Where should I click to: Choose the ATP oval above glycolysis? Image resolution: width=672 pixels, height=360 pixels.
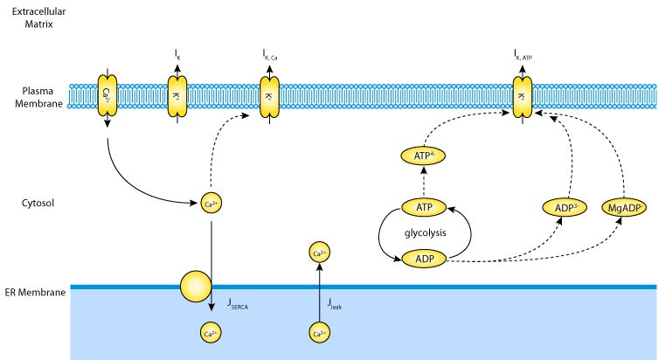click(424, 207)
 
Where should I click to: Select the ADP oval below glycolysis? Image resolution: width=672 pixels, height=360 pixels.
click(424, 260)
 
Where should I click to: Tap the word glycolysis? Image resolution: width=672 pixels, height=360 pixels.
click(424, 233)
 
